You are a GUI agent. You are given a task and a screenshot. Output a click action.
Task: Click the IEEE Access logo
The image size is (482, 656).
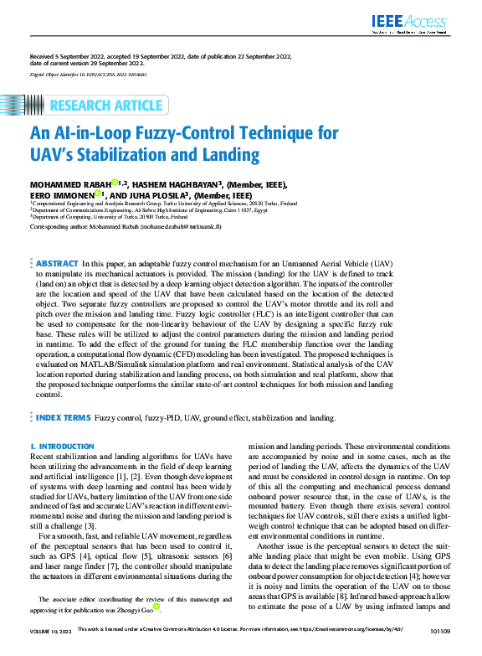pos(418,23)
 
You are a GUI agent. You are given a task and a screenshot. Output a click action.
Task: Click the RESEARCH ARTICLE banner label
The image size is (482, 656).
pos(106,106)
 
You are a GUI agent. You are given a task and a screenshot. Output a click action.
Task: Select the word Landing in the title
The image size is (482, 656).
pos(231,155)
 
